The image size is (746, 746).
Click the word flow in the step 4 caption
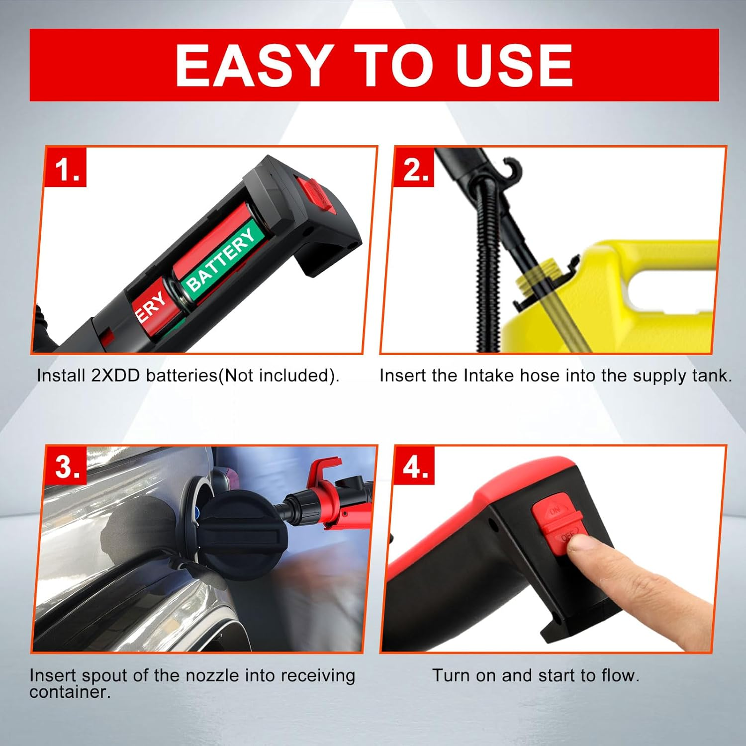point(620,675)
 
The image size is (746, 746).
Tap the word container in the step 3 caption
point(70,692)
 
